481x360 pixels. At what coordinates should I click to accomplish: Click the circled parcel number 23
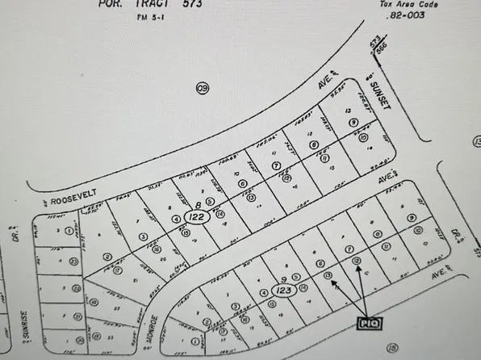point(74,261)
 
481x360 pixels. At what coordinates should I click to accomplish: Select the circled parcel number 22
point(77,287)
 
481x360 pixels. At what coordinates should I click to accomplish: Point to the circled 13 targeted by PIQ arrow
point(328,275)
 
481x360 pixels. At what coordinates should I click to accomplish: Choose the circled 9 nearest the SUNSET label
point(353,122)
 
